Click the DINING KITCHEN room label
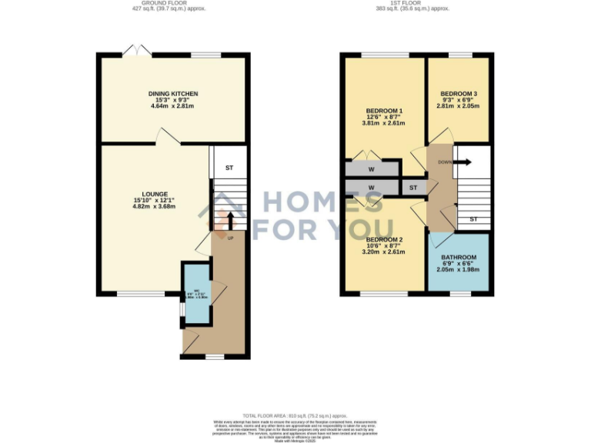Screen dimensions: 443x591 click(173, 94)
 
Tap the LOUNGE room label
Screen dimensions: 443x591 click(155, 195)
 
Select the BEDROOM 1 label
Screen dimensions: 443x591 click(382, 111)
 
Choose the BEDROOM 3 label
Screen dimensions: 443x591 click(459, 94)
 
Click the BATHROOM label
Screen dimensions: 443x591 click(458, 258)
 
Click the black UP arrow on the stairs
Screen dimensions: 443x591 click(229, 219)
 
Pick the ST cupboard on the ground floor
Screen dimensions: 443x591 click(229, 168)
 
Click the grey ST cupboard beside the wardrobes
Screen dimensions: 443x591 click(412, 187)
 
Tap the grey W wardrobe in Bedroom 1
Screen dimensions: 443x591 click(371, 168)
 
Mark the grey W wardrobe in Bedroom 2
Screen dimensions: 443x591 click(371, 187)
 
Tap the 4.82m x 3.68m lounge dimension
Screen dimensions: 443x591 click(155, 207)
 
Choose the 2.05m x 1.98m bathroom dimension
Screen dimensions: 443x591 click(458, 270)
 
